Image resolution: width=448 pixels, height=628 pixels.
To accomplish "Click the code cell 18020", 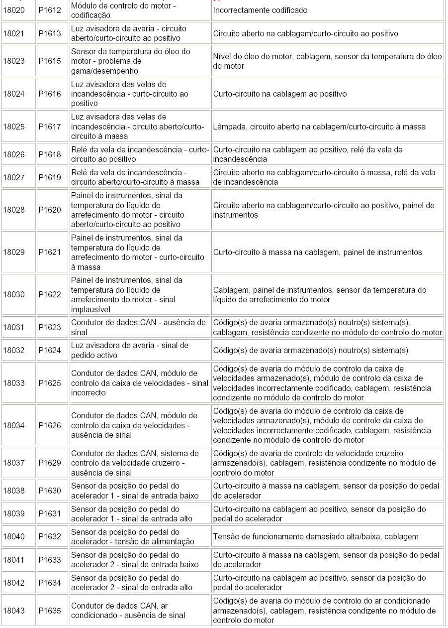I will pos(14,10).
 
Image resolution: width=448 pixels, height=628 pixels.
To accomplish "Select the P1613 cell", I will pos(50,34).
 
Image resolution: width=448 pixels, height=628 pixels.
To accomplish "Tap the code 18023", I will pos(14,61).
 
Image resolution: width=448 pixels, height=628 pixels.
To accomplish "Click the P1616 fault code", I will pos(50,94).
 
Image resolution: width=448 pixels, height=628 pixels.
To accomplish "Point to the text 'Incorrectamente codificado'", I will pos(260,10).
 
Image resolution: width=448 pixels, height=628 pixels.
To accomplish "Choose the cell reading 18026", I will pos(14,154).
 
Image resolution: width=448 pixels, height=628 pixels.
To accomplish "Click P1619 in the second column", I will pos(50,177).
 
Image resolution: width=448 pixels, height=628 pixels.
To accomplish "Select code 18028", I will pos(14,210).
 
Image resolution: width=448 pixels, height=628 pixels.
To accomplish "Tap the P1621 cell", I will pos(50,252).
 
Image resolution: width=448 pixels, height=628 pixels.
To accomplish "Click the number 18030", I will pos(14,295).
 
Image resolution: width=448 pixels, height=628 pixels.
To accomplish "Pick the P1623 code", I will pos(50,327).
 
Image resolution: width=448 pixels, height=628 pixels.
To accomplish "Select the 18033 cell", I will pos(14,383).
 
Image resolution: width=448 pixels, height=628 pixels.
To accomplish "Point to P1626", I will pos(50,426).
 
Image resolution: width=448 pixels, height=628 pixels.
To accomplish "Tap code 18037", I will pos(14,463).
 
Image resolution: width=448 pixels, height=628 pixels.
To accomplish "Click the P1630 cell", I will pos(50,491).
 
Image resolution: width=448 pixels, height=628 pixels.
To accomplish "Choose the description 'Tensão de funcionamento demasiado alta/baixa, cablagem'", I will pos(316,537).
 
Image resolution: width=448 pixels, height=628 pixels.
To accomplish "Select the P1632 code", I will pos(50,537).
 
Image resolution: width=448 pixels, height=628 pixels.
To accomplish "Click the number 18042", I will pos(14,583).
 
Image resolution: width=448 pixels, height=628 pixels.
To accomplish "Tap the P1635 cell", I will pos(50,611).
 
